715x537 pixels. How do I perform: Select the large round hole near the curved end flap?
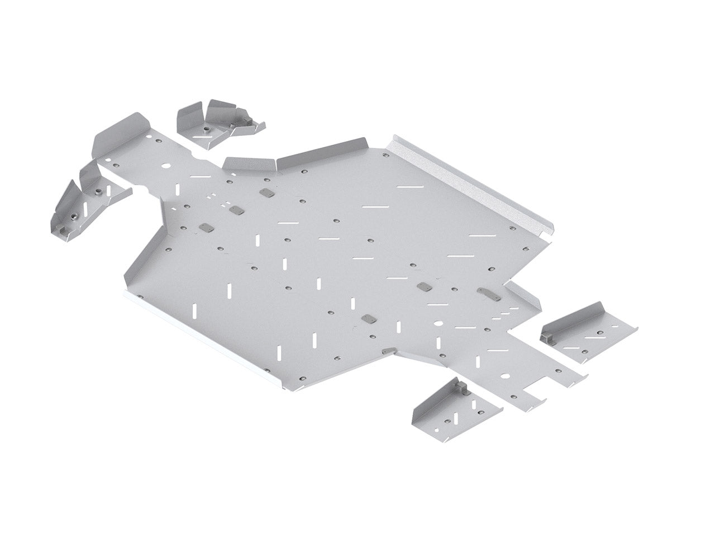point(166,167)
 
